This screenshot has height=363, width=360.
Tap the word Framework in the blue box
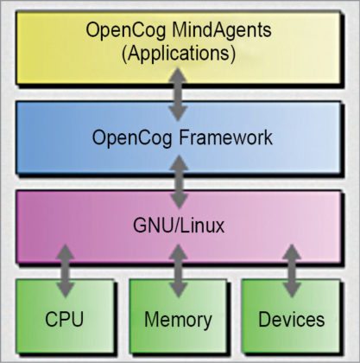pyautogui.click(x=225, y=137)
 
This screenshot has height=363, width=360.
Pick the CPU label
pyautogui.click(x=66, y=319)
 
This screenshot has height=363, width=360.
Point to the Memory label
pyautogui.click(x=179, y=319)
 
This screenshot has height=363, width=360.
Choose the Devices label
pyautogui.click(x=292, y=319)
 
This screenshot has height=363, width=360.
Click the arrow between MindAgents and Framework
pyautogui.click(x=179, y=95)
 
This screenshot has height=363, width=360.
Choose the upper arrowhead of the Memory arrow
pyautogui.click(x=179, y=251)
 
